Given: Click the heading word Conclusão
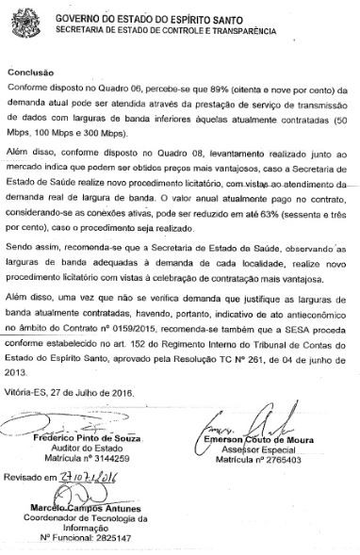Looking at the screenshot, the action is point(31,71).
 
